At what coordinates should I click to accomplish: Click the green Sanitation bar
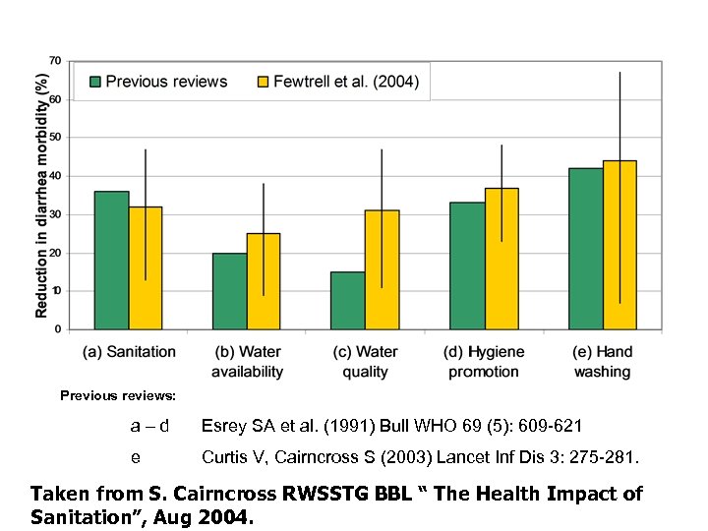point(111,260)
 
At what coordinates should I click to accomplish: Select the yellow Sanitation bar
point(146,267)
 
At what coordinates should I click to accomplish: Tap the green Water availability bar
point(229,291)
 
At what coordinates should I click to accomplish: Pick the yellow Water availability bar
point(264,281)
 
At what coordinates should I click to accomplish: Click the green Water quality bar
point(347,300)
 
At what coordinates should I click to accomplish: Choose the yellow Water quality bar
point(382,269)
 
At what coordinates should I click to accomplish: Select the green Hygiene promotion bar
point(466,265)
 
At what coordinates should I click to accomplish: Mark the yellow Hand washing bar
point(619,245)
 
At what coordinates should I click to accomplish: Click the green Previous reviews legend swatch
point(94,82)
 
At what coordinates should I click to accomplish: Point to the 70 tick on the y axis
point(55,61)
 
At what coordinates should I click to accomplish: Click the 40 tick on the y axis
point(55,176)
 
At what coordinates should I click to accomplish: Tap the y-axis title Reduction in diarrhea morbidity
point(42,184)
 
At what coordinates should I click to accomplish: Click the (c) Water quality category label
point(365,361)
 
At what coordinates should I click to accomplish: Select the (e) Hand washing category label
point(602,361)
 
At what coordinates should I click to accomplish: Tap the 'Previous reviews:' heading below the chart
point(118,395)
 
